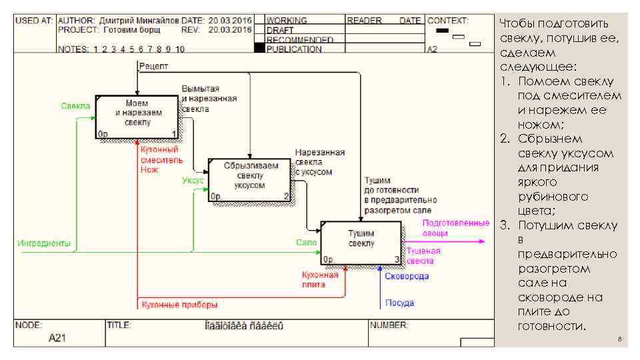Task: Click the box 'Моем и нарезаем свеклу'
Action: (x=137, y=115)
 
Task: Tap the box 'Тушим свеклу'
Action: (x=361, y=241)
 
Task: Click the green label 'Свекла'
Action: (x=76, y=106)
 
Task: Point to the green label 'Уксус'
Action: (x=193, y=180)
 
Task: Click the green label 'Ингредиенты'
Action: (x=44, y=243)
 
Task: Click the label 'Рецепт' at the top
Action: (x=153, y=65)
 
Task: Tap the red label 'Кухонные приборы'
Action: (x=179, y=305)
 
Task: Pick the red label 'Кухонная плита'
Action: (x=320, y=279)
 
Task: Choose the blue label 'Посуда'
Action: (x=400, y=303)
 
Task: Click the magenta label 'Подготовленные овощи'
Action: (x=456, y=228)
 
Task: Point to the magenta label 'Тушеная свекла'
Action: (x=425, y=256)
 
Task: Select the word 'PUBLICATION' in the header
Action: (x=294, y=49)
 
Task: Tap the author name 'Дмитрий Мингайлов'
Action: (x=139, y=21)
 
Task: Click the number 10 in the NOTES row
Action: (x=180, y=49)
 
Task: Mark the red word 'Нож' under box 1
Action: (x=149, y=170)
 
